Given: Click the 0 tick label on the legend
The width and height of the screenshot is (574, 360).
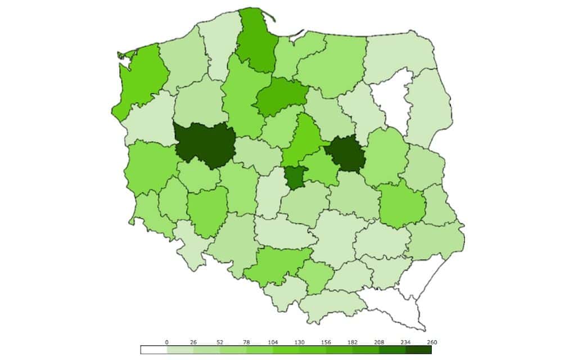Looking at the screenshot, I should [x=167, y=342].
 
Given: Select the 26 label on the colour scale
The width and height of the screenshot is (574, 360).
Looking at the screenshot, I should [x=193, y=342].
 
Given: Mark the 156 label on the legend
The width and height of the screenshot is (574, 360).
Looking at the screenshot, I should [x=326, y=342].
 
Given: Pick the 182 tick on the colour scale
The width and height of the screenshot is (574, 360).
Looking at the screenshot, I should [x=352, y=342].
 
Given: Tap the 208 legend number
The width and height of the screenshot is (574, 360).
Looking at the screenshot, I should [x=378, y=342].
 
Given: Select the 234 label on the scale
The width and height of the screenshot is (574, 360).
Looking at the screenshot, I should [x=405, y=342].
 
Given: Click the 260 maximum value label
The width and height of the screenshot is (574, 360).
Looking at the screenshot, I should [x=431, y=342].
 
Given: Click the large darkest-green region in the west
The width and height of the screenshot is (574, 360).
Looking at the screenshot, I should [x=204, y=144].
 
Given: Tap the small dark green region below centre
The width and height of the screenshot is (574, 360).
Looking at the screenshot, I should [x=295, y=178].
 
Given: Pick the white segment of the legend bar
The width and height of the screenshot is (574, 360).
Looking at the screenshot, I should [x=153, y=350].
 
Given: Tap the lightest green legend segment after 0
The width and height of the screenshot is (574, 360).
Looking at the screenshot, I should [x=180, y=350].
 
